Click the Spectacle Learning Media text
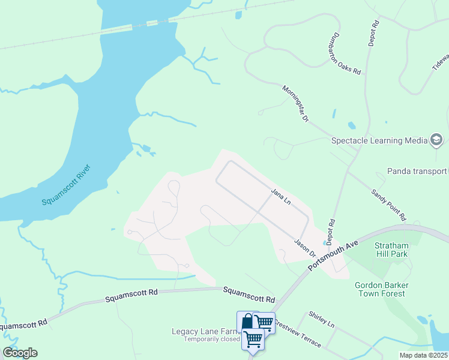tap(379, 141)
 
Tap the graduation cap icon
tap(436, 141)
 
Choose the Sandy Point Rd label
tap(388, 205)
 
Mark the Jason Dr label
tap(305, 247)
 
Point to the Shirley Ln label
tap(321, 319)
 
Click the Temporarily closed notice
tap(212, 340)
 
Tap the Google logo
tap(20, 353)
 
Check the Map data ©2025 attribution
tap(423, 355)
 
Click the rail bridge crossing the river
tap(138, 26)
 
